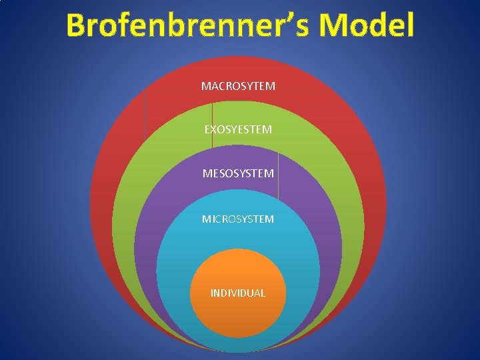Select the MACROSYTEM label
pos(238,86)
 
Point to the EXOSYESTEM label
pos(238,129)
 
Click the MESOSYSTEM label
pos(238,173)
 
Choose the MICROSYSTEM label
pos(238,219)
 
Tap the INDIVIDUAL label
pos(238,293)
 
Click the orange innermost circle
pos(238,313)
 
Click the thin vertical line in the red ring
pos(145,113)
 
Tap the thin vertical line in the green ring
pos(212,123)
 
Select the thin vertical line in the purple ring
pos(278,175)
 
